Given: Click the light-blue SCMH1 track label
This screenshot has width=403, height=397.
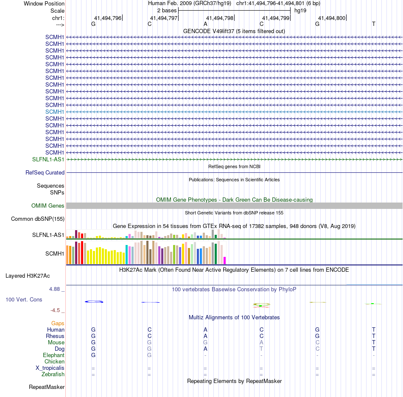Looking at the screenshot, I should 55,112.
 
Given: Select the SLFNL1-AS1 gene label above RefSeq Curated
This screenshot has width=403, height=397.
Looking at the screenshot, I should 48,159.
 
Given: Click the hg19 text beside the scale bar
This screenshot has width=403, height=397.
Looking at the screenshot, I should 300,10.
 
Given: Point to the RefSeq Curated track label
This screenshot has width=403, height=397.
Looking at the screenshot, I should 45,173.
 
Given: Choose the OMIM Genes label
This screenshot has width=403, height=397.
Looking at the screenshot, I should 48,206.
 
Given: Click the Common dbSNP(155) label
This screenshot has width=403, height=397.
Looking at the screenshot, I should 38,219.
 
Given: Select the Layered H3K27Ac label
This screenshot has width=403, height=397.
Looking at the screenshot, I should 28,276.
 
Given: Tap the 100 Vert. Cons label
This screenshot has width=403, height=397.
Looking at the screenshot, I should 24,299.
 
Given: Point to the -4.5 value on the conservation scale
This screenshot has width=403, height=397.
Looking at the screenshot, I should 57,310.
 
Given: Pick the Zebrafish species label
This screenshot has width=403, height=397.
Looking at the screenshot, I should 53,374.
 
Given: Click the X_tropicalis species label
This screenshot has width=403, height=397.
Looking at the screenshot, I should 50,368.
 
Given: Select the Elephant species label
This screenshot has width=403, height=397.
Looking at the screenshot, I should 53,355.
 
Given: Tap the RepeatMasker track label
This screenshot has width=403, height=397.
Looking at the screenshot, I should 47,387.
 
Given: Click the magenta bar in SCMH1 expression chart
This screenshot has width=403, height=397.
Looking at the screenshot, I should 225,260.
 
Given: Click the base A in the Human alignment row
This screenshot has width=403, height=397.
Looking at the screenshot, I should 205,329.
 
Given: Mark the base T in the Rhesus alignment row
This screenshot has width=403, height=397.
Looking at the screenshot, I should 374,336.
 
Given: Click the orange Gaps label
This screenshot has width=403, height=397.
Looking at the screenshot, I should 58,323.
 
